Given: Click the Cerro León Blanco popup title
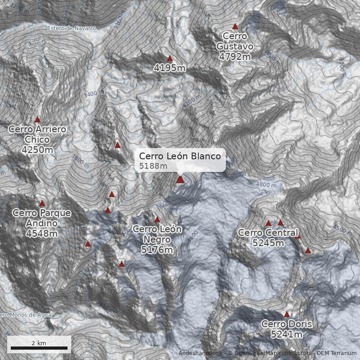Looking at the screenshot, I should [180, 156].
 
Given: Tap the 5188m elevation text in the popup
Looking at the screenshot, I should [153, 166].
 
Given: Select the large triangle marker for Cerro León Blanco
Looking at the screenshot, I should [180, 180].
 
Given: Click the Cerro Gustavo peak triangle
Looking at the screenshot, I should [234, 27].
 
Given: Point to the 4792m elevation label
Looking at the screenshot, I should [234, 56].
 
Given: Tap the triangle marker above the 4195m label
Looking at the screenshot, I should [170, 58].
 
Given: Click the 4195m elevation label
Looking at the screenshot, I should [170, 68].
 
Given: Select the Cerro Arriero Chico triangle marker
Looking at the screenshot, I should [37, 120].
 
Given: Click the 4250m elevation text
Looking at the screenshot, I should [37, 149].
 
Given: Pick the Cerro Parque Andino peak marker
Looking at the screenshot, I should [42, 203].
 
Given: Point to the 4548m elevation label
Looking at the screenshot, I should [42, 234].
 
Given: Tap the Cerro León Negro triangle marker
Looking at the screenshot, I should [157, 220].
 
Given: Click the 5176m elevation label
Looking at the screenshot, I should [157, 250].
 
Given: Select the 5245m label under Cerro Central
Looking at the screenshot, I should [268, 243].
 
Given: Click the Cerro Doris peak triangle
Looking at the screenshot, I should [287, 315].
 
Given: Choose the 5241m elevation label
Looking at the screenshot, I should [287, 334].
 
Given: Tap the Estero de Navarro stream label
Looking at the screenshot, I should [72, 28].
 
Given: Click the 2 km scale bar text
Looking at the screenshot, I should [39, 343].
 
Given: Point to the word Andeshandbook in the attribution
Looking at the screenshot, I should [200, 353].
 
